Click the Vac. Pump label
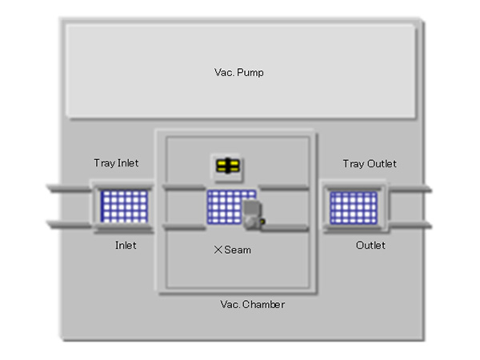click(238, 73)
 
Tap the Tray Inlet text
click(116, 163)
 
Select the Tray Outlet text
click(370, 164)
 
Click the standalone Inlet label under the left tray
click(125, 245)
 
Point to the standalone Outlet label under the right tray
click(370, 245)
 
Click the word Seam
click(238, 250)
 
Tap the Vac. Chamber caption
click(252, 305)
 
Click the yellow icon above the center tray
click(229, 166)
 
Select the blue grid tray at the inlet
click(124, 206)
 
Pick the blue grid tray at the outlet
click(354, 207)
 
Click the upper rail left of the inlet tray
click(69, 189)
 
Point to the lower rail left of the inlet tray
click(69, 224)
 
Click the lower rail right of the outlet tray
click(410, 225)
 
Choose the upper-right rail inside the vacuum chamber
click(284, 189)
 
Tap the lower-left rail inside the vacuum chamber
click(184, 229)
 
